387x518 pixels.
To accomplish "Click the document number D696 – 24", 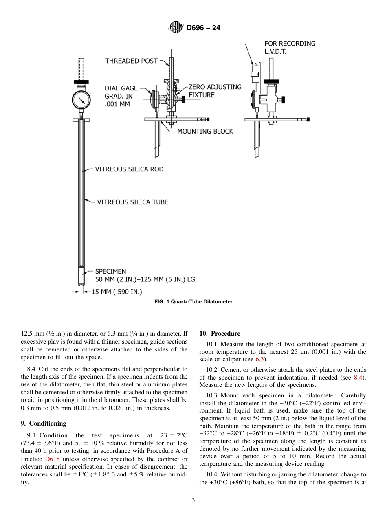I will click(x=203, y=28).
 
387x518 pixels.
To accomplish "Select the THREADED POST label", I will click(x=131, y=61).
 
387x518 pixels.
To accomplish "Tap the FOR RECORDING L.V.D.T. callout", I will click(x=290, y=47).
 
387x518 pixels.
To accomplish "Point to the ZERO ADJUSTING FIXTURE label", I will click(x=215, y=91).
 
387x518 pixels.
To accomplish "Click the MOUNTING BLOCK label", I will click(x=205, y=131).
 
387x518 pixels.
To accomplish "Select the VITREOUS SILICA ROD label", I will click(x=129, y=169).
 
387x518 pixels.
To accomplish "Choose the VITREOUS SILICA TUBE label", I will click(x=132, y=202).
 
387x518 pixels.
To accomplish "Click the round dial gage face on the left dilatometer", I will click(x=81, y=99).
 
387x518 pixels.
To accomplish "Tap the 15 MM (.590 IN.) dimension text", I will click(x=117, y=291).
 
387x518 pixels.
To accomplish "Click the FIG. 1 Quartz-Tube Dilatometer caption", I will click(x=193, y=302).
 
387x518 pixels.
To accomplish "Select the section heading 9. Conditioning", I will click(x=44, y=424).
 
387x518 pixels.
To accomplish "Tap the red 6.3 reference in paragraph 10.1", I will click(x=260, y=359).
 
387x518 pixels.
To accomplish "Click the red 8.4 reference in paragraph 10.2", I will click(x=358, y=378).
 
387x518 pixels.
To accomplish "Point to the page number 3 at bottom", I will click(x=193, y=500).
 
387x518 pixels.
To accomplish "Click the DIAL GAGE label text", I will click(x=121, y=88).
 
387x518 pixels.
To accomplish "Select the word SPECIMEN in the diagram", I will click(x=110, y=271).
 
